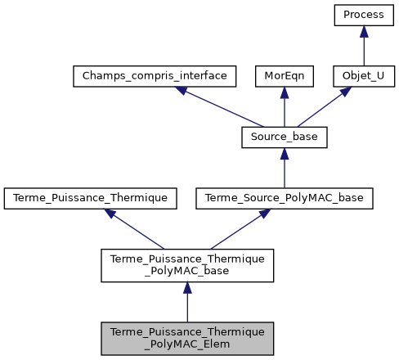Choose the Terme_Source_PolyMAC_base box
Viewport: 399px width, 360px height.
285,197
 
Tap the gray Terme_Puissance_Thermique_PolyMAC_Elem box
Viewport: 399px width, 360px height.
187,337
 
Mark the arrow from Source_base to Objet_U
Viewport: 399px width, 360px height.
323,107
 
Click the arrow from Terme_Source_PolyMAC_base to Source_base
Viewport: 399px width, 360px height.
285,169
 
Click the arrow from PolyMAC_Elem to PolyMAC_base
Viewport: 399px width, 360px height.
187,303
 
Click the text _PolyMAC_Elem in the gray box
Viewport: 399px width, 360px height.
187,344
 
